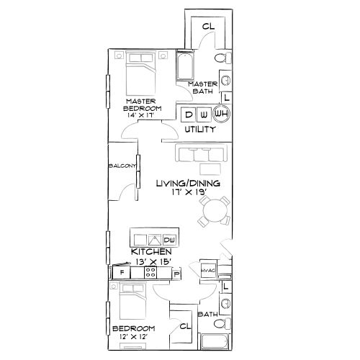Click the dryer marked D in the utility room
(x=189, y=114)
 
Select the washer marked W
(x=204, y=114)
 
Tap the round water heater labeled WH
(x=220, y=114)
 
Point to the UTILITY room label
(x=200, y=130)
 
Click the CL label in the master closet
(x=208, y=27)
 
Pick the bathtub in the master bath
(x=184, y=68)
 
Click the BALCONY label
(x=122, y=166)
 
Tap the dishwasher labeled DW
(x=170, y=240)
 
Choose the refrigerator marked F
(x=122, y=274)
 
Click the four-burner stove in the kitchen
(x=151, y=273)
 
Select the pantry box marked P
(x=176, y=274)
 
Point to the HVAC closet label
(x=209, y=271)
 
